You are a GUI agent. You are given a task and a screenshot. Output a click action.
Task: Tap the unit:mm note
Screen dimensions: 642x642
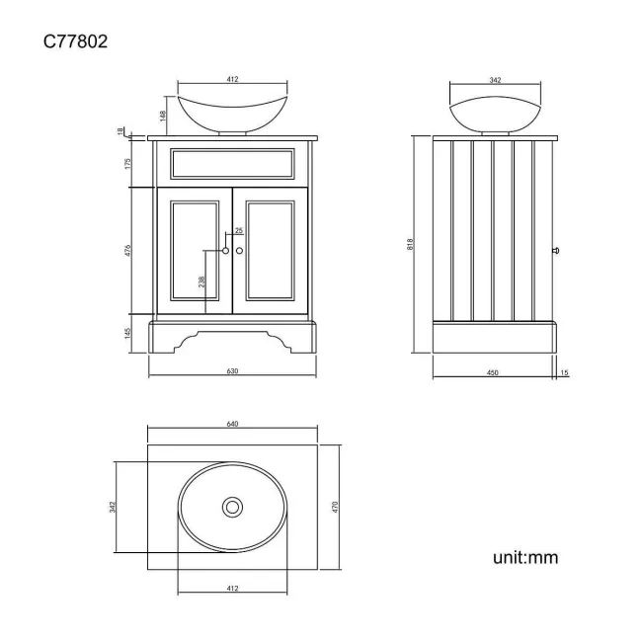[525, 558]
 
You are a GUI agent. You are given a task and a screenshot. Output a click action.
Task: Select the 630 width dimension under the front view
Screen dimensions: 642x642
[232, 372]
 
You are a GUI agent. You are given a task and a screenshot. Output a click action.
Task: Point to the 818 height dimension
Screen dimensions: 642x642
[409, 243]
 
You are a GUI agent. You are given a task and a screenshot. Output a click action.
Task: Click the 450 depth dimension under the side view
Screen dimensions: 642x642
[492, 372]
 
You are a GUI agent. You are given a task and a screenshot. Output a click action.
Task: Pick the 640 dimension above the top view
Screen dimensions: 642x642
[232, 424]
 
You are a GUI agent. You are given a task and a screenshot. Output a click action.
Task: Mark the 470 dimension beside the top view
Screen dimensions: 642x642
[335, 507]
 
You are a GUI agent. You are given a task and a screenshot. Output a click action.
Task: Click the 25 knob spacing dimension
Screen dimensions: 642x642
[238, 231]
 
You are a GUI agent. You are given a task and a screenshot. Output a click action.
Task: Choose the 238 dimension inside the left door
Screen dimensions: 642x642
[202, 282]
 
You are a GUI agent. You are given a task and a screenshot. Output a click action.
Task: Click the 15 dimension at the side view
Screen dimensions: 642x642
[564, 372]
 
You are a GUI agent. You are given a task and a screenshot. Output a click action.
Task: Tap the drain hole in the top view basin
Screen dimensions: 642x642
[232, 507]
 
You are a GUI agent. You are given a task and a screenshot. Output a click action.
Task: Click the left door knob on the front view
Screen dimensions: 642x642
[225, 251]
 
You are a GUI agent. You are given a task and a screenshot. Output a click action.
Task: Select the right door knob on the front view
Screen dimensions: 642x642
[240, 251]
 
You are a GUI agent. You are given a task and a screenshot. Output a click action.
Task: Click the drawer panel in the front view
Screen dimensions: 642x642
[232, 163]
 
